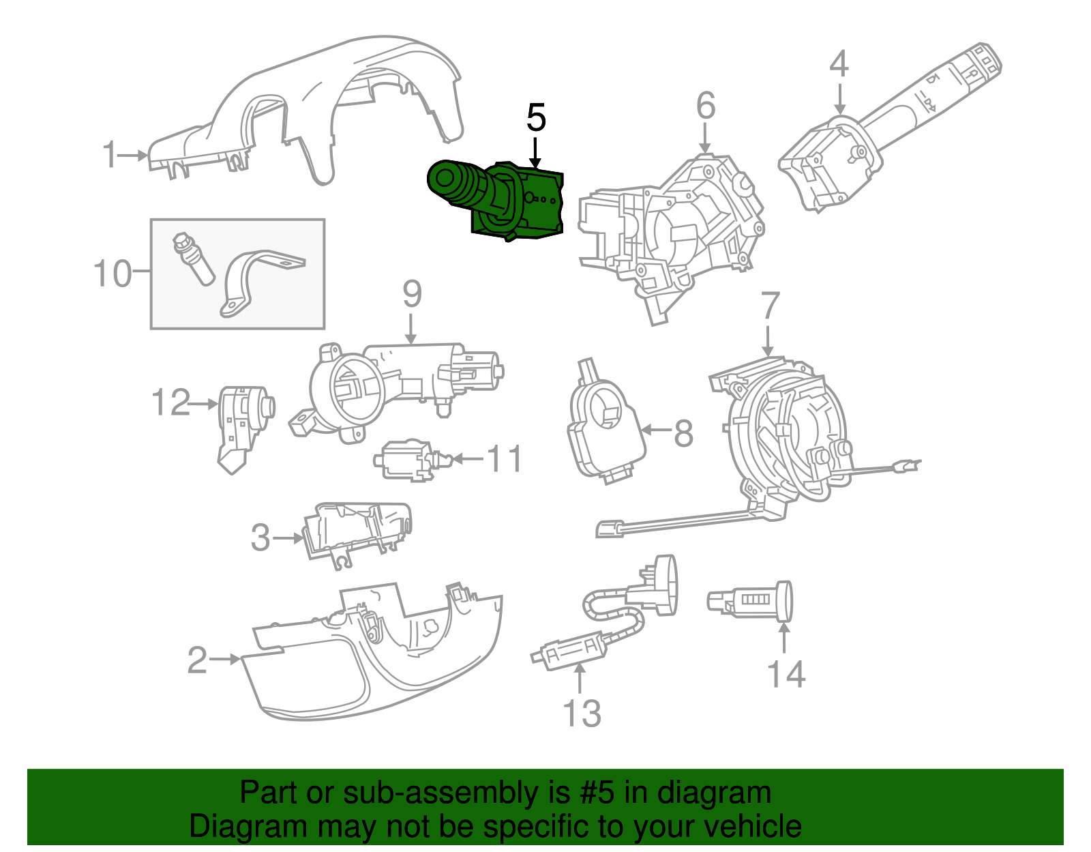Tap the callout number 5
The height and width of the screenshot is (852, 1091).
[536, 119]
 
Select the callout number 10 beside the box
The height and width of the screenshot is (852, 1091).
[113, 274]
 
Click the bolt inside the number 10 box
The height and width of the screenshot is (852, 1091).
[194, 259]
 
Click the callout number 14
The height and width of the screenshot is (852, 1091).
[786, 674]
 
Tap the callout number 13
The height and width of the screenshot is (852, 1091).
[582, 714]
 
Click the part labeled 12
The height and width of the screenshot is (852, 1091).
[242, 423]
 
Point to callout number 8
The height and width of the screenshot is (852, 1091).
[683, 432]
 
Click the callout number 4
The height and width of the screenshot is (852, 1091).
[839, 63]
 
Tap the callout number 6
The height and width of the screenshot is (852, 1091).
[706, 106]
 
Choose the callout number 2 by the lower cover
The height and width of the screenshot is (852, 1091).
[197, 660]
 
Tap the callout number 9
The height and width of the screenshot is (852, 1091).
[412, 294]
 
